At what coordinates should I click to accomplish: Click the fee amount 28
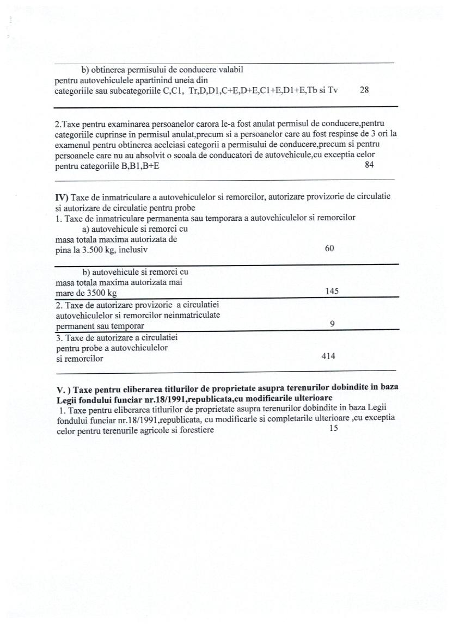click(365, 91)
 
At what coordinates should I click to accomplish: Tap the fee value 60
click(329, 248)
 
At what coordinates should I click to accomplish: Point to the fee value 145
click(332, 291)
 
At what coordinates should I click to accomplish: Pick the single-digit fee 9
click(332, 324)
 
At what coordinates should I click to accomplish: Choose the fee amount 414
click(328, 356)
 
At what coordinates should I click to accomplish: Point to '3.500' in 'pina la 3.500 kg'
click(97, 250)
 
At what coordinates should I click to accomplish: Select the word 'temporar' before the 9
click(127, 326)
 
